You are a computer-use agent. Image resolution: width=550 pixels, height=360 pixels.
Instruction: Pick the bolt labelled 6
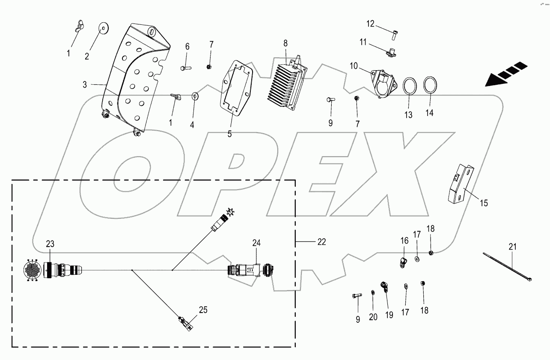click(185, 67)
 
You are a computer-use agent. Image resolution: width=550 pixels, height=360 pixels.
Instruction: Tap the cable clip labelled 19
click(385, 287)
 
